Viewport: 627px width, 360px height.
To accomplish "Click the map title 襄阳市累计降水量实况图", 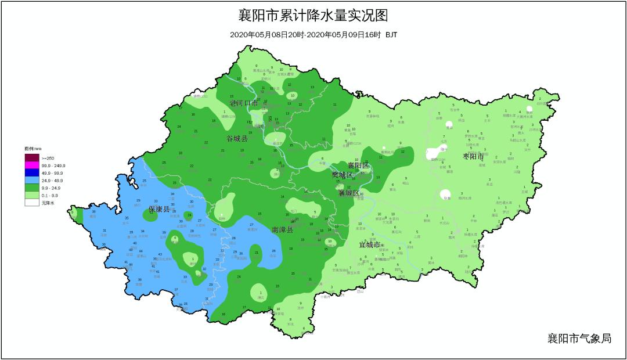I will point(313,15).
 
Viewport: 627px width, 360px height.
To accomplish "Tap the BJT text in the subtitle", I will point(391,35).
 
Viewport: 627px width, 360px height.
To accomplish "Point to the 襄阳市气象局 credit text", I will point(579,338).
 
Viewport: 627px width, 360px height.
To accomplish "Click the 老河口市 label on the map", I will point(244,103).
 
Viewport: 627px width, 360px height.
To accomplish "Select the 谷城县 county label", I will point(237,139).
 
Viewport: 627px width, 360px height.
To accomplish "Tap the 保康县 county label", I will point(159,209).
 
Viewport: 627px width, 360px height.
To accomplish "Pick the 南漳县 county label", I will point(282,230).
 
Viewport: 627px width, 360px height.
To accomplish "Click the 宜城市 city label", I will point(369,245).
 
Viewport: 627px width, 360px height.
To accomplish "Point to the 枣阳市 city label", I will point(473,157).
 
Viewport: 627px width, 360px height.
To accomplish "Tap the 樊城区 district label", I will point(342,175).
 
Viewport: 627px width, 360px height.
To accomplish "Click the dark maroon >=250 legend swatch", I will point(31,158).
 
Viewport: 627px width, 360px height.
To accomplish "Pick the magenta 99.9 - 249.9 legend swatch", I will point(31,165).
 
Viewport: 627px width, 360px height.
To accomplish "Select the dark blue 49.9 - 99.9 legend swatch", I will point(31,173).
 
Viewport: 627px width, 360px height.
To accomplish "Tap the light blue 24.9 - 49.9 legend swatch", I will point(31,181).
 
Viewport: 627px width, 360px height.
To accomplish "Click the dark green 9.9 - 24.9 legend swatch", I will point(31,188).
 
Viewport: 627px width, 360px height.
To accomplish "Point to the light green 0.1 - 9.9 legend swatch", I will point(31,196).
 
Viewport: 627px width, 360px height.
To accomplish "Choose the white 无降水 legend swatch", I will point(31,203).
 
